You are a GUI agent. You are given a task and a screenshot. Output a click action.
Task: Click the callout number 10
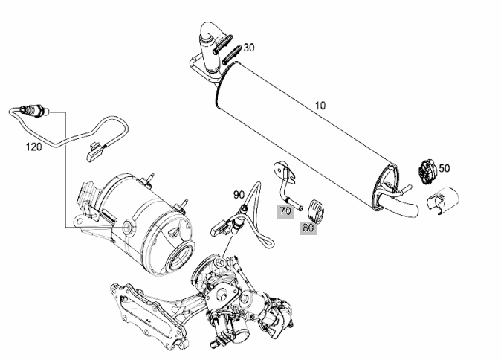coord(320,106)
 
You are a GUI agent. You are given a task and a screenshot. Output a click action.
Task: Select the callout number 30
coord(249,48)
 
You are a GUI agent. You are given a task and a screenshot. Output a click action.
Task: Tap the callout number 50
coord(444,168)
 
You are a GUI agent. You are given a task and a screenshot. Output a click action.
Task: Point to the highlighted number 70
coord(285,211)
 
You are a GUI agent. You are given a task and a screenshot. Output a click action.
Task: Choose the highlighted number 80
coord(308,228)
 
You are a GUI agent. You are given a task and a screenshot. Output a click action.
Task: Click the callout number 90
coord(239,195)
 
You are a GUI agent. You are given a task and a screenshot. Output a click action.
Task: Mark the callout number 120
coord(33,147)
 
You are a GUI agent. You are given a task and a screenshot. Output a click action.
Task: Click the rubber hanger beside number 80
coord(315,210)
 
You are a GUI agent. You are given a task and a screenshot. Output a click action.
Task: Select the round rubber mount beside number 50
coord(426,172)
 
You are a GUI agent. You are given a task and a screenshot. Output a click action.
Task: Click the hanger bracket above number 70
coord(285,184)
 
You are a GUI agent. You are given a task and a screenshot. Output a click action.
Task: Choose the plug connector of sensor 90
coord(221,228)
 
